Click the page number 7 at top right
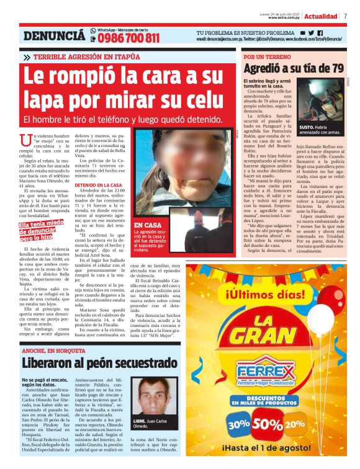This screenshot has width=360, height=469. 345,17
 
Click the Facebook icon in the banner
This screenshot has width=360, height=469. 320,32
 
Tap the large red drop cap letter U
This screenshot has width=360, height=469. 25,140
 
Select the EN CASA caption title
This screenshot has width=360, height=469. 147,225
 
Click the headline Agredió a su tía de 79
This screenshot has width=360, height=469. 294,68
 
